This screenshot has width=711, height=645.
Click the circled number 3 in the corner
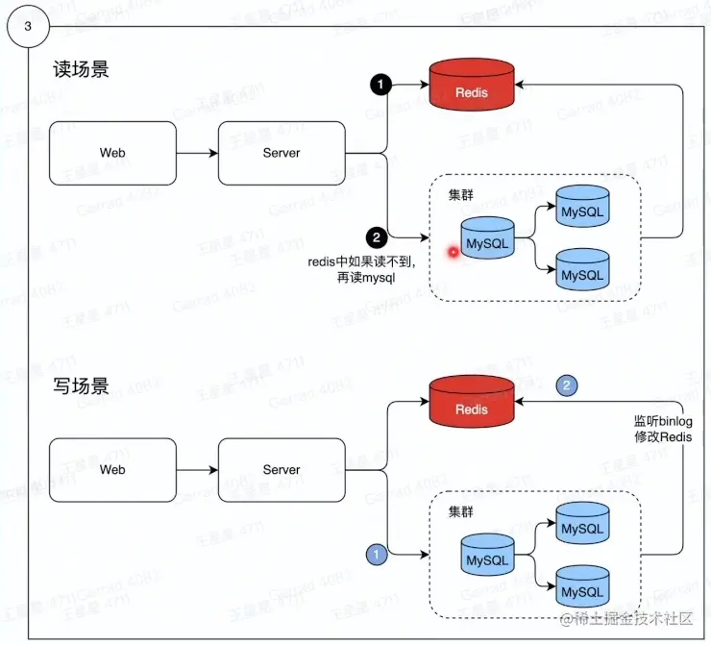pyautogui.click(x=27, y=26)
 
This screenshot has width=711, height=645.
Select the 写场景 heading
pyautogui.click(x=81, y=386)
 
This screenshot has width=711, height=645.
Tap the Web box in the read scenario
pyautogui.click(x=112, y=153)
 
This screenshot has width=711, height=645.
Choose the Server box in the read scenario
pyautogui.click(x=281, y=153)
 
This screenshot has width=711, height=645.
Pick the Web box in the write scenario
pyautogui.click(x=112, y=470)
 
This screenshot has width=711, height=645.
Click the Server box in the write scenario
pyautogui.click(x=281, y=470)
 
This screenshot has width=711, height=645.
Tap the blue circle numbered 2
pyautogui.click(x=567, y=385)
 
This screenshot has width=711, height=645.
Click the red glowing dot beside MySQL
pyautogui.click(x=451, y=252)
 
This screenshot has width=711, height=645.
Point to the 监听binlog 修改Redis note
pyautogui.click(x=662, y=429)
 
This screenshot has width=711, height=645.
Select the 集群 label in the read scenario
pyautogui.click(x=462, y=193)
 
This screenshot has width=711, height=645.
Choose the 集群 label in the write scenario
pyautogui.click(x=462, y=509)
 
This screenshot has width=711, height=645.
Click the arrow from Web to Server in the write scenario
pyautogui.click(x=198, y=470)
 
